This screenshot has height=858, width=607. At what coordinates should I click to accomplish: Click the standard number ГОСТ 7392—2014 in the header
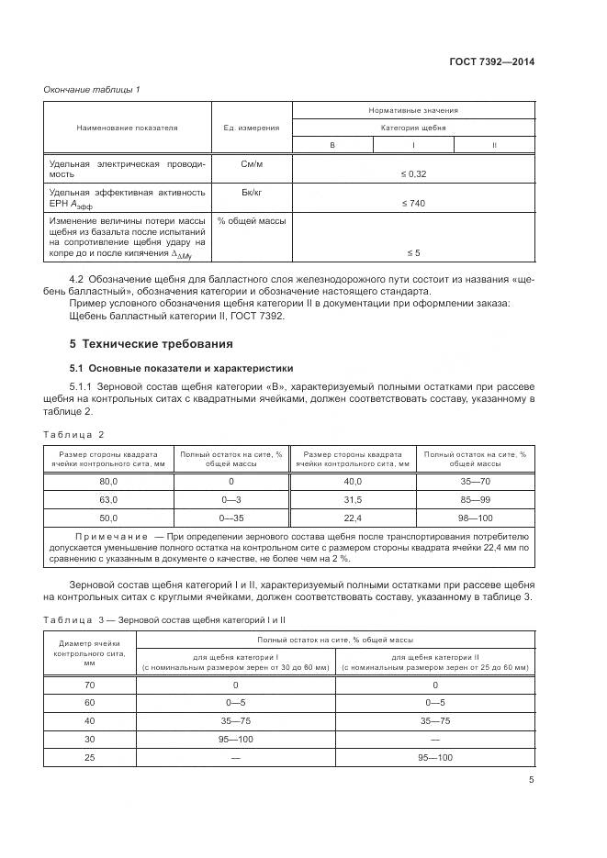(x=492, y=62)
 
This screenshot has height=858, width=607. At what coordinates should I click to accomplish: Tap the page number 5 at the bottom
(x=531, y=780)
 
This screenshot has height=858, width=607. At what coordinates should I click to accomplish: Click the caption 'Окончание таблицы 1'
(x=92, y=89)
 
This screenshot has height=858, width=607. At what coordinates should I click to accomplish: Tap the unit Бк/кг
(x=252, y=192)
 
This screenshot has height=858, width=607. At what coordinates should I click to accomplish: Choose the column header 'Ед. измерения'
(x=252, y=128)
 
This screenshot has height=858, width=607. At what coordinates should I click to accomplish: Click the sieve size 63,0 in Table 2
(x=109, y=500)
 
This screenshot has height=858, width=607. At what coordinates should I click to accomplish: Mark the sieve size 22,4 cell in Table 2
(x=353, y=518)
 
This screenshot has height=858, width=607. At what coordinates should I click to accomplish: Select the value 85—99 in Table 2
(x=475, y=500)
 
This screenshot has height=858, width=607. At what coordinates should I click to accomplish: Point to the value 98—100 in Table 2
(x=475, y=518)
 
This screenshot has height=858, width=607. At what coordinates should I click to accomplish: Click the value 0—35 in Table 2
(x=230, y=518)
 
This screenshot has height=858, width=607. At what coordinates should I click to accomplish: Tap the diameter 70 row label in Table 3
(x=89, y=685)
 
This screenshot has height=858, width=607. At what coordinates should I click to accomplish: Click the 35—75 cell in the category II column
(x=434, y=719)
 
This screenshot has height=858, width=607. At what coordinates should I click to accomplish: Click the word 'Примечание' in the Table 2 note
(x=111, y=533)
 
